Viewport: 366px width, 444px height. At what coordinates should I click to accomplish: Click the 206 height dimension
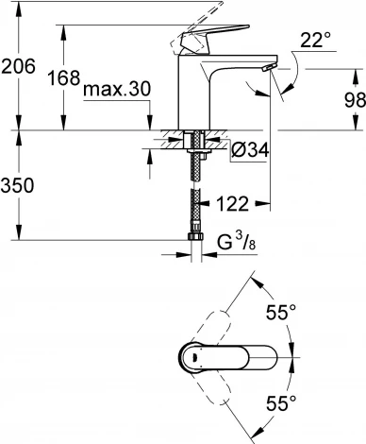19,67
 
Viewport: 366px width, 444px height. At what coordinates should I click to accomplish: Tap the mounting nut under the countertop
197,144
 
